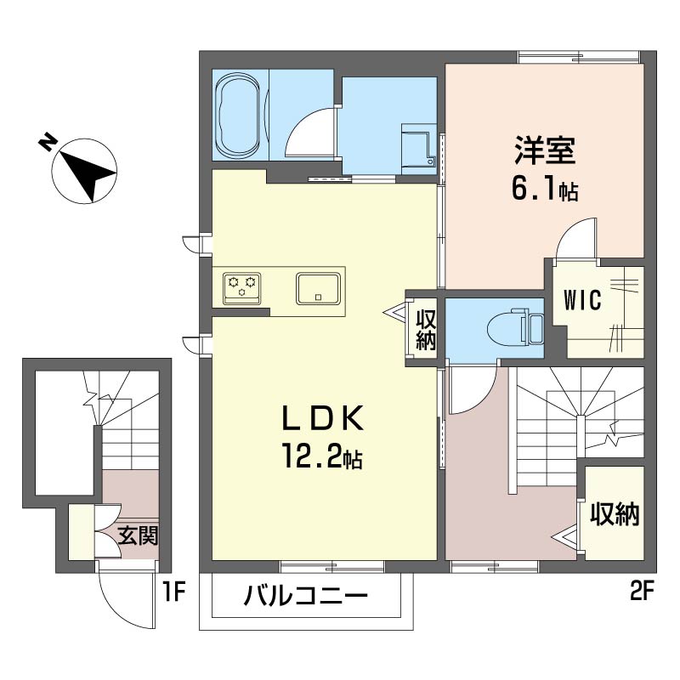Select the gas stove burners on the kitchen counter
pos(242,288)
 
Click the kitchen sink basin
pos(318,288)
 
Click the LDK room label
pos(323,418)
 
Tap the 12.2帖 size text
pos(322,456)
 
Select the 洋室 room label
pos(545,150)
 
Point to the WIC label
pos(582,299)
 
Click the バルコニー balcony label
pos(305,595)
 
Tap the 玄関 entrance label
pos(139,536)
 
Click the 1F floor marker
pos(174,592)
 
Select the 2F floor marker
pos(641,592)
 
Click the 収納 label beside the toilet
pos(426,330)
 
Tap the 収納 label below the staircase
pos(615,515)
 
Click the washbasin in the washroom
pos(420,144)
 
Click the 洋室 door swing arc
pos(572,232)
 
